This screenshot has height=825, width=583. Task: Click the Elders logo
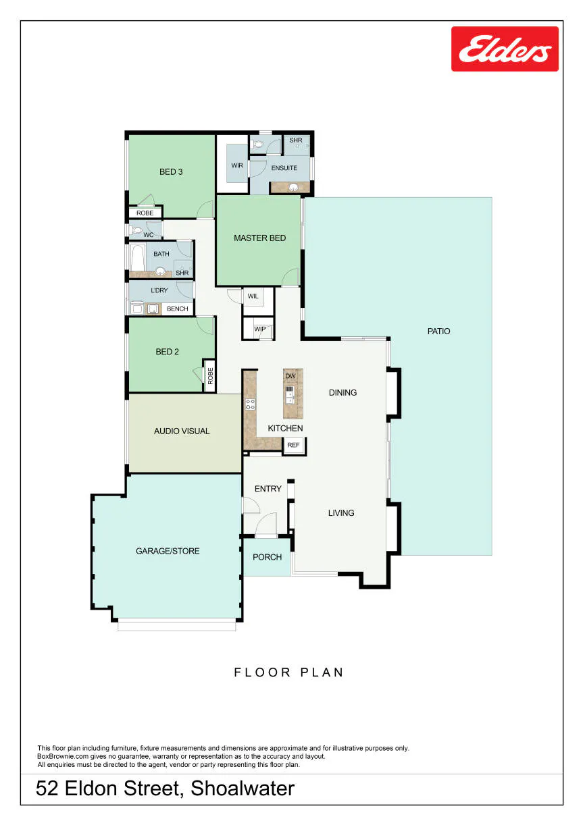click(505, 49)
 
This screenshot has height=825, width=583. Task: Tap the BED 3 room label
click(171, 171)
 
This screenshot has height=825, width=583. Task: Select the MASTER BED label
click(259, 238)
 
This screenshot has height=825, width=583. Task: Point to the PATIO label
click(438, 331)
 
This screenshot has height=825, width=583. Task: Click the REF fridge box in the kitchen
click(293, 445)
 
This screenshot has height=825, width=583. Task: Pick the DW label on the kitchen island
click(290, 375)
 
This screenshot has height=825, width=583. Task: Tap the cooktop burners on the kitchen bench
click(250, 404)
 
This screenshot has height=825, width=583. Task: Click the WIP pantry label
click(260, 329)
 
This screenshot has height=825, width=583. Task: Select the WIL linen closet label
click(253, 296)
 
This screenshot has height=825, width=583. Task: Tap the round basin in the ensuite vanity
click(293, 187)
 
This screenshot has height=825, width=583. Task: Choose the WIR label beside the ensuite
click(237, 165)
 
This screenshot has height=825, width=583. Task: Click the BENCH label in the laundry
click(177, 309)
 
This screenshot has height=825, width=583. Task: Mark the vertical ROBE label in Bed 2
click(210, 375)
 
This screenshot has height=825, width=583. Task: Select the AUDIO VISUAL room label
click(182, 431)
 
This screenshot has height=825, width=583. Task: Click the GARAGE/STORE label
click(168, 551)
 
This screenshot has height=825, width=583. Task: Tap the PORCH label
click(267, 557)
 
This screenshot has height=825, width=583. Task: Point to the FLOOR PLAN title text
click(289, 672)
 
